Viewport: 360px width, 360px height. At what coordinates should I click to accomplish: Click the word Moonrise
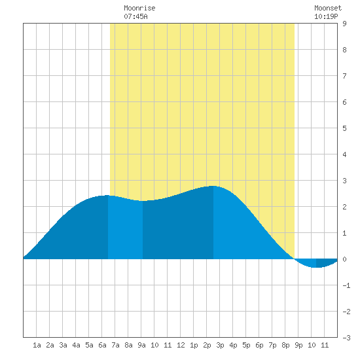(x=139, y=8)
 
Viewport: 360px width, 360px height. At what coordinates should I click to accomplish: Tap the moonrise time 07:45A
(x=135, y=16)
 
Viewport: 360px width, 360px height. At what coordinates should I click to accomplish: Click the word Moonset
(x=328, y=8)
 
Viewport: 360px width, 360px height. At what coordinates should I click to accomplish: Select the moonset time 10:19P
(x=326, y=16)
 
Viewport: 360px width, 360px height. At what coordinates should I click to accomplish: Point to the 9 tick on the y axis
(x=344, y=24)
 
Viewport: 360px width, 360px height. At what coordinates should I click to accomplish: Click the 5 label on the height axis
(x=344, y=128)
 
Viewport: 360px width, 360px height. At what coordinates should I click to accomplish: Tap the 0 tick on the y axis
(x=344, y=259)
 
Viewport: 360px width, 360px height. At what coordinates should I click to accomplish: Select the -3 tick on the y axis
(x=346, y=338)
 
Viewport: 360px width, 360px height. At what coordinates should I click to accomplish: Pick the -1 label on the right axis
(x=346, y=285)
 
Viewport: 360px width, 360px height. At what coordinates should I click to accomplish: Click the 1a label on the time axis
(x=37, y=345)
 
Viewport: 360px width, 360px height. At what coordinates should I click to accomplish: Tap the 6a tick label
(x=102, y=345)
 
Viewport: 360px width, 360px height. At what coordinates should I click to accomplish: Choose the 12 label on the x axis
(x=181, y=345)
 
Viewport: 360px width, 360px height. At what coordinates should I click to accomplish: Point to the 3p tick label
(x=220, y=345)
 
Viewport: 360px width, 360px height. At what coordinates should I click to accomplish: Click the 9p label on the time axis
(x=298, y=345)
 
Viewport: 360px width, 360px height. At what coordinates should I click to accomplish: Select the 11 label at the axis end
(x=325, y=345)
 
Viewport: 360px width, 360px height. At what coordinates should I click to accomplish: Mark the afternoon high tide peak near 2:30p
(x=213, y=186)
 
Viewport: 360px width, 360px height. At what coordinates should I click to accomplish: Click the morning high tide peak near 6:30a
(x=107, y=196)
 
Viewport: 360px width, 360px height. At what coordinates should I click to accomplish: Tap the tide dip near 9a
(x=142, y=201)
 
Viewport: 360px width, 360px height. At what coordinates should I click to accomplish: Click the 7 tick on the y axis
(x=344, y=76)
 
